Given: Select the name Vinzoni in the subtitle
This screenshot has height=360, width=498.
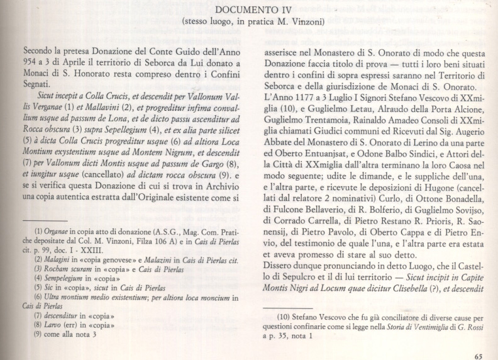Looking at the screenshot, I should (306, 21).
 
